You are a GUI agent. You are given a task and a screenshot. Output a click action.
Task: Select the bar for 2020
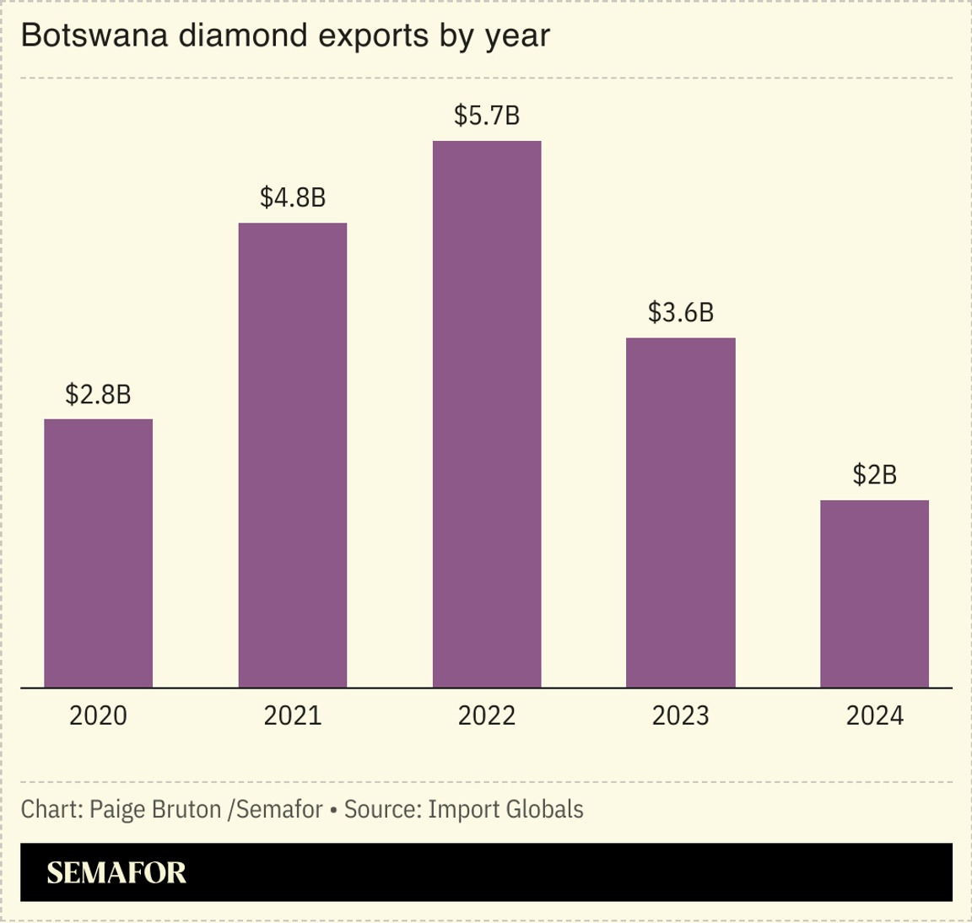[x=98, y=553]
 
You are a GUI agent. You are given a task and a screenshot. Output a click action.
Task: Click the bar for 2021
[x=293, y=456]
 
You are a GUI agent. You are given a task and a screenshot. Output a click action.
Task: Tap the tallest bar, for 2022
[x=487, y=413]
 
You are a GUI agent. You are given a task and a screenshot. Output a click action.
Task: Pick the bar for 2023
[x=681, y=512]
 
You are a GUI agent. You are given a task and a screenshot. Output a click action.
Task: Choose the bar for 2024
[x=874, y=593]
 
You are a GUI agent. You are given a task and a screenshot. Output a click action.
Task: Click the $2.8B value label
[x=98, y=394]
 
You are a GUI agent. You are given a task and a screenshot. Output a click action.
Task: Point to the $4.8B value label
[x=293, y=197]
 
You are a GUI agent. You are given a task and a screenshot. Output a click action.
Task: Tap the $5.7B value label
[x=487, y=116]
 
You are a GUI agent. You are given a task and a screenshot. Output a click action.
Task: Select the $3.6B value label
[x=681, y=313]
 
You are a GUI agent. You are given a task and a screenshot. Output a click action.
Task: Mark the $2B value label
[x=874, y=475]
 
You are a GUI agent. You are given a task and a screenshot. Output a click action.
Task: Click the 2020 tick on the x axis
[x=98, y=716]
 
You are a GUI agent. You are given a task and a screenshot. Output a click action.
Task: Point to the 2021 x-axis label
[x=293, y=716]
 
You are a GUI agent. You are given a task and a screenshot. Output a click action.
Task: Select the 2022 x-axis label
[x=487, y=716]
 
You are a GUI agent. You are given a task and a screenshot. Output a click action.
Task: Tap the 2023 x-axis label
[x=681, y=716]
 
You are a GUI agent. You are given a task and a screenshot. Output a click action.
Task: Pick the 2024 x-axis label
[x=874, y=716]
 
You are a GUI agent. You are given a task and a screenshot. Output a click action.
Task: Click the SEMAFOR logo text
[x=116, y=872]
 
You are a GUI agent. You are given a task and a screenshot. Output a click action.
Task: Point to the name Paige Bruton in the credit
[x=155, y=810]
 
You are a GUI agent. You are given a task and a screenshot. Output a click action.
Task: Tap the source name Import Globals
[x=505, y=810]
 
